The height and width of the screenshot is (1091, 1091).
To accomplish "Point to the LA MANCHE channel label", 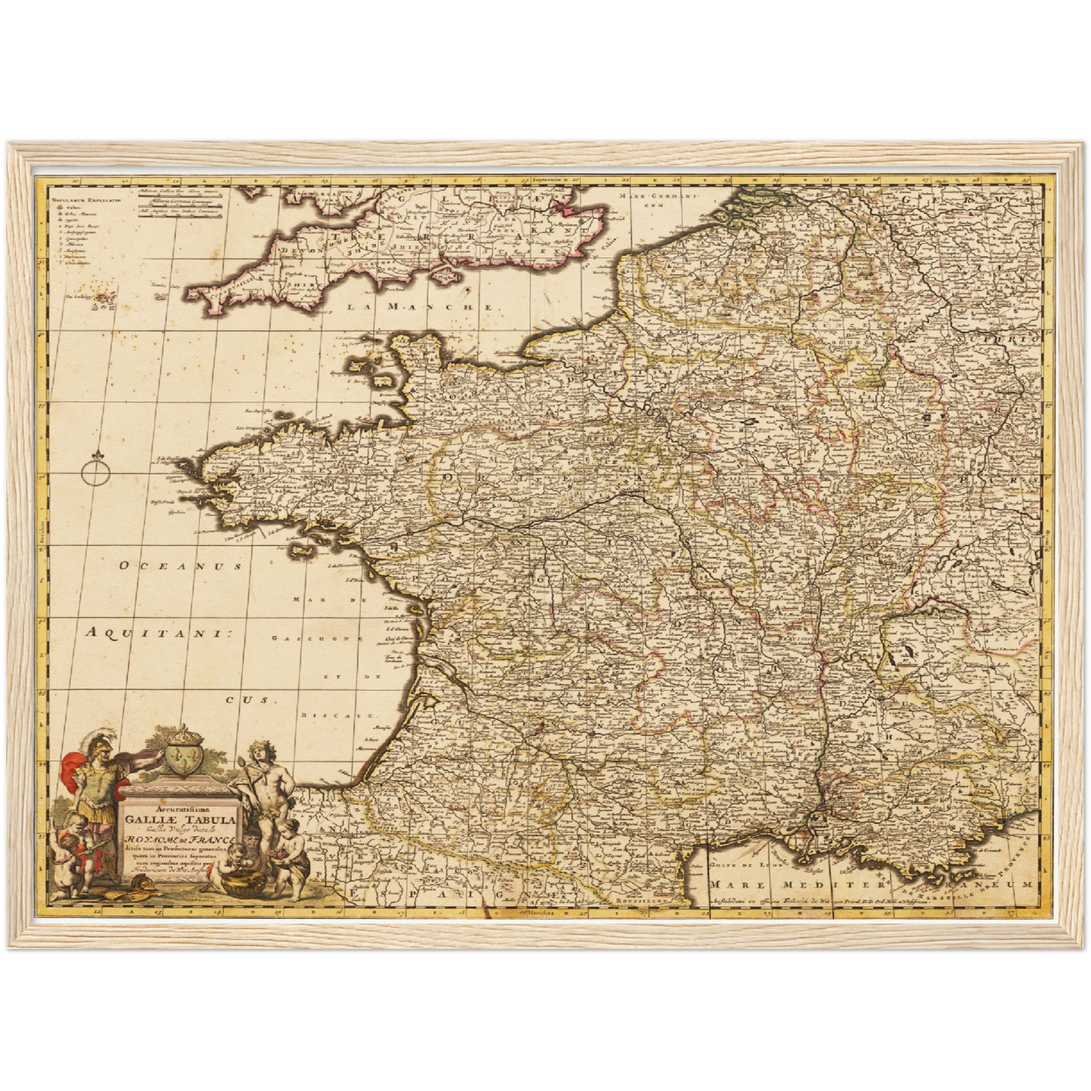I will [x=421, y=307].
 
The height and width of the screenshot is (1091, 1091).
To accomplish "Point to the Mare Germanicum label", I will [x=655, y=199].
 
